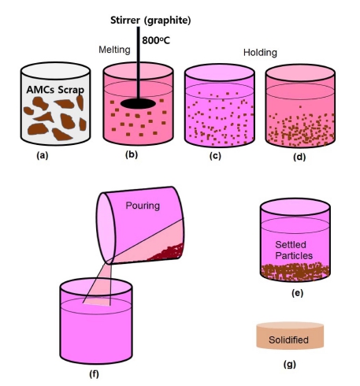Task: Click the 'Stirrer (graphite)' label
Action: (150, 20)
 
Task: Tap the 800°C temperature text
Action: (156, 40)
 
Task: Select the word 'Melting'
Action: (114, 50)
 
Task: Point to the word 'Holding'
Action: (260, 53)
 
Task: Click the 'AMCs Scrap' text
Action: (55, 90)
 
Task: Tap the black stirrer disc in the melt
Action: (138, 103)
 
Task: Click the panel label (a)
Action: (43, 155)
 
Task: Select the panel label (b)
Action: (132, 154)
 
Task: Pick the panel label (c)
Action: (215, 155)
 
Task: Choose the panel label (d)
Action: (299, 157)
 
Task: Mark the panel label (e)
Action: (297, 293)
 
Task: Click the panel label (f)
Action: (94, 373)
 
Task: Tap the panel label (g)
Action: (290, 364)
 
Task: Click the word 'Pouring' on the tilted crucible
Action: (143, 206)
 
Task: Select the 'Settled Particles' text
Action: (294, 250)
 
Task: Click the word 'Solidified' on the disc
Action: (288, 340)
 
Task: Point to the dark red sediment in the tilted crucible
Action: (169, 253)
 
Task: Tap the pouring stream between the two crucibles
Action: (98, 284)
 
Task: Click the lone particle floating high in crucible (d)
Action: (300, 107)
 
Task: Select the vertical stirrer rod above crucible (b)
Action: (138, 62)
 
